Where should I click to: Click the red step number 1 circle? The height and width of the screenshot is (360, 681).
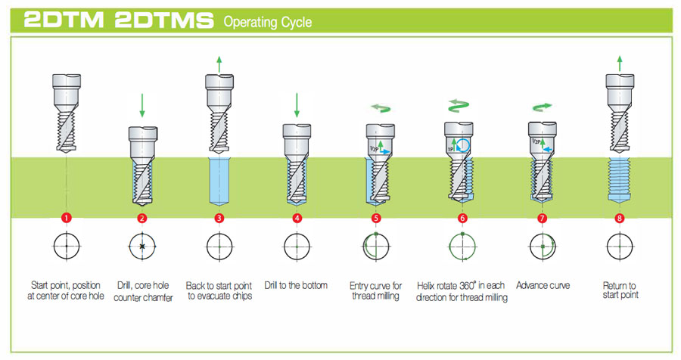click(67, 219)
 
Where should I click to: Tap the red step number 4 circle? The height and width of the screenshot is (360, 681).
click(296, 219)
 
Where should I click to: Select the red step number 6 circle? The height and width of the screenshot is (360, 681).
click(462, 219)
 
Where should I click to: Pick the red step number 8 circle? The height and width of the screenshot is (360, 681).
click(619, 219)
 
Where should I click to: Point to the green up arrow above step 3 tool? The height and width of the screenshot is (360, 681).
click(219, 64)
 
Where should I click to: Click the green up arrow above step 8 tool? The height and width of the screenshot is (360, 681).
click(620, 64)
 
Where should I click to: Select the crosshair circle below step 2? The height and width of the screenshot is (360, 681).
click(141, 247)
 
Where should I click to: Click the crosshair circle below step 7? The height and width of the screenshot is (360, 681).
click(543, 247)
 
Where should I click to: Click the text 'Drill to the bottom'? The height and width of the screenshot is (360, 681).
click(296, 285)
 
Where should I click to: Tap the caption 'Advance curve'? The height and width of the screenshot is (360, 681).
click(542, 285)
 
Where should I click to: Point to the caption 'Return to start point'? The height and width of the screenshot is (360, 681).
click(620, 290)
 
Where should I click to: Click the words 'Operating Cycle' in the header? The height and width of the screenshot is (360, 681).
click(267, 22)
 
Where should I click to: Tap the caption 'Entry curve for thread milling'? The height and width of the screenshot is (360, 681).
click(375, 290)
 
